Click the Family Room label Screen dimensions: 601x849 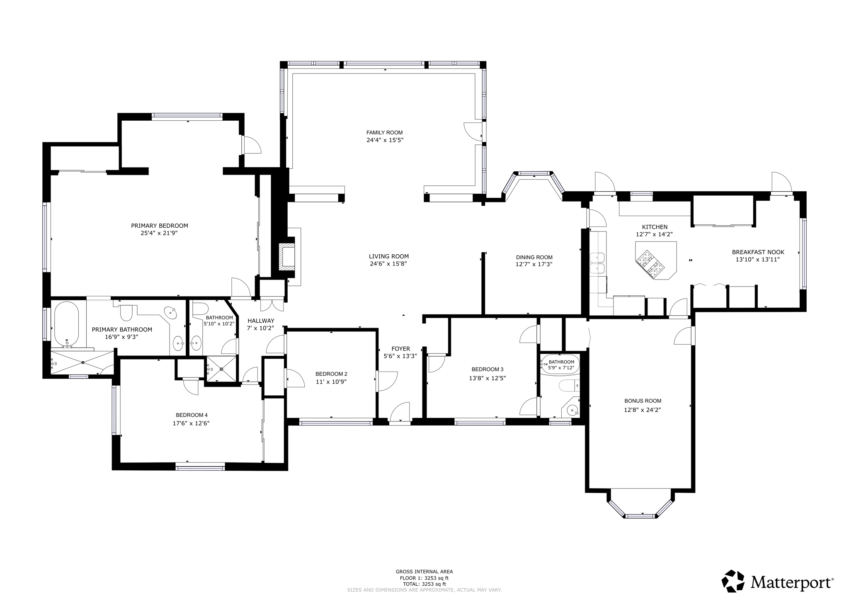click(384, 133)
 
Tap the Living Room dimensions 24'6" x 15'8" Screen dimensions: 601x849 click(388, 264)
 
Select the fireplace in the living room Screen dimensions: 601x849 click(287, 257)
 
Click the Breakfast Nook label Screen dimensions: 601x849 click(758, 252)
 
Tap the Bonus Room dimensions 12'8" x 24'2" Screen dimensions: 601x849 click(643, 410)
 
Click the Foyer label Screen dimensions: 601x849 click(400, 349)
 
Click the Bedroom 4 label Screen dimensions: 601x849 click(191, 415)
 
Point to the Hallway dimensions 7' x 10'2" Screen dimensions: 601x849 click(260, 328)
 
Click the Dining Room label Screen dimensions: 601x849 click(534, 257)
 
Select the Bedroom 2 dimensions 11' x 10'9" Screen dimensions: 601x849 click(331, 382)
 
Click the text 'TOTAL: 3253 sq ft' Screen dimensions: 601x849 click(424, 584)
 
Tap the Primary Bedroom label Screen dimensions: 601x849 click(160, 226)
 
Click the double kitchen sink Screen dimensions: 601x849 click(597, 263)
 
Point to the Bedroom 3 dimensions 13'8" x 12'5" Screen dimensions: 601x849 click(488, 378)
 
